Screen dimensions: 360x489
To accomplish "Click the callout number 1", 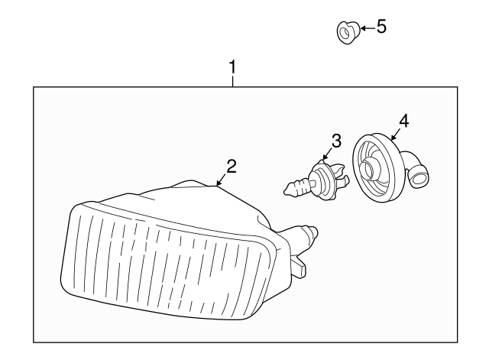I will [233, 67].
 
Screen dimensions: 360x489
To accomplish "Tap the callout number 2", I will [232, 166].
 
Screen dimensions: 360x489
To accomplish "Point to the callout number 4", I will [403, 120].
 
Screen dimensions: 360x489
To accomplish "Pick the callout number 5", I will [381, 27].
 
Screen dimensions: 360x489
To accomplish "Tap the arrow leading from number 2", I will [221, 180].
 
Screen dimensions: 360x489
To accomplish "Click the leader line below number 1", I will [233, 81].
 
